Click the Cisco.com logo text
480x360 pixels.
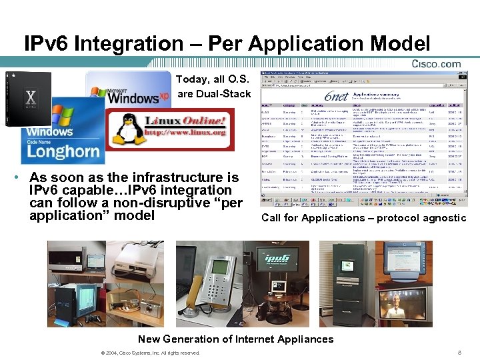point(436,64)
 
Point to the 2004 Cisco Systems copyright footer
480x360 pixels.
point(148,353)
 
